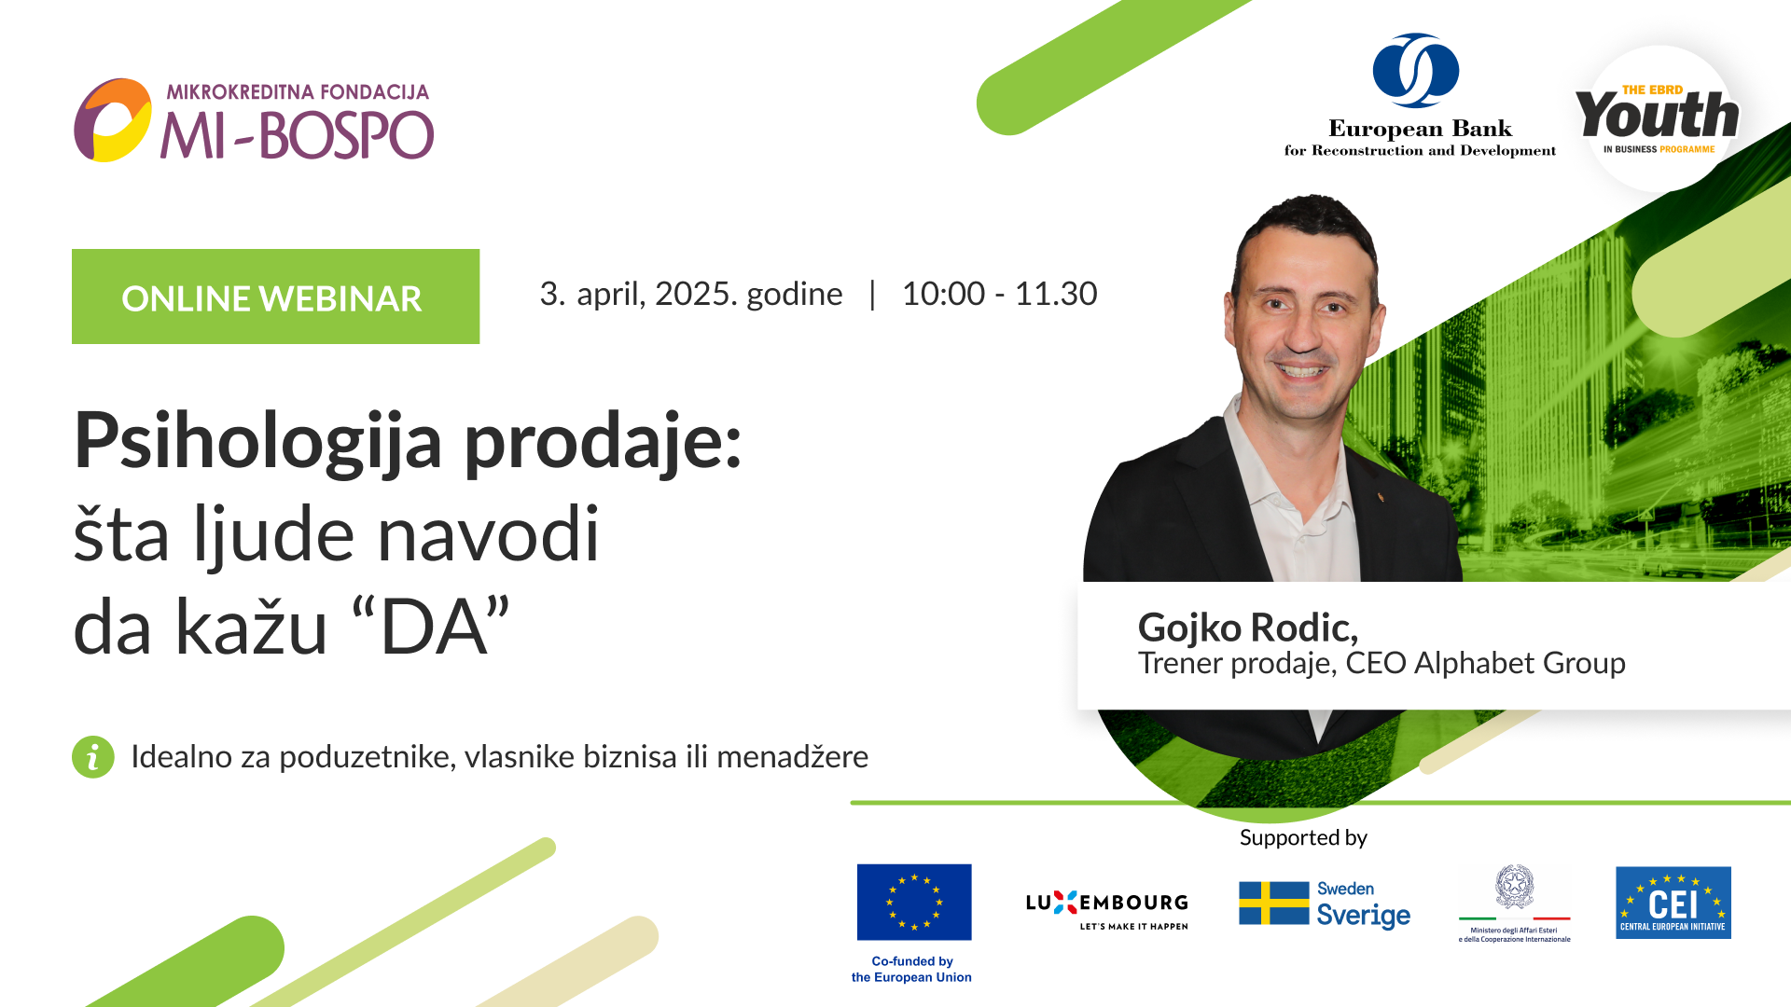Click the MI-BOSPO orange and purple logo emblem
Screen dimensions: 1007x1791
[113, 120]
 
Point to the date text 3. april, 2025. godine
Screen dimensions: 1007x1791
[690, 294]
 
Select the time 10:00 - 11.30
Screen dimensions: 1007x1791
[999, 294]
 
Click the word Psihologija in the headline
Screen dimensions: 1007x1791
[257, 441]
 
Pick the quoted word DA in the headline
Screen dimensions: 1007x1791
[433, 628]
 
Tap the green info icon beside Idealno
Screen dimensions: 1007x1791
[93, 757]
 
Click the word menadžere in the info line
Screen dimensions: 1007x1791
[792, 756]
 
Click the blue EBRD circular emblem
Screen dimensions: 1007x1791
[1415, 70]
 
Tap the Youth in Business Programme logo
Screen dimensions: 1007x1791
[1658, 117]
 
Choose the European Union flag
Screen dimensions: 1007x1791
[914, 902]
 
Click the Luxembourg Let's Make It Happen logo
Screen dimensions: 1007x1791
[1106, 908]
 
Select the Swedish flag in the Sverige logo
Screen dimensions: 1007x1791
[1273, 903]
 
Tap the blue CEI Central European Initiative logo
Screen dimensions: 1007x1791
[1673, 903]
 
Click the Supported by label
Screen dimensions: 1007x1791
[1303, 837]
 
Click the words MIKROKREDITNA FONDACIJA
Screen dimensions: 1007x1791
[298, 92]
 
